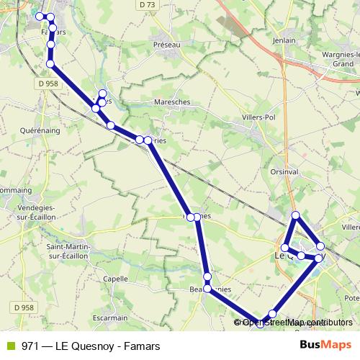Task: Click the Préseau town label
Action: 166,44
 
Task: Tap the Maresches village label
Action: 171,102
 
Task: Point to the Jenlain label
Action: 285,41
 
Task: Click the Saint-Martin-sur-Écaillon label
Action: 68,251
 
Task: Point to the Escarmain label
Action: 109,316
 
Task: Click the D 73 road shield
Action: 148,5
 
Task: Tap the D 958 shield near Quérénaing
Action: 50,84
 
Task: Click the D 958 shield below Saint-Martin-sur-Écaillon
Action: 24,307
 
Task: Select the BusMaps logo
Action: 325,344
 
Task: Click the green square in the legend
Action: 10,344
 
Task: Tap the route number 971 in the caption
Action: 31,344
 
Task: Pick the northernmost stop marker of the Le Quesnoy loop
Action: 295,215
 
